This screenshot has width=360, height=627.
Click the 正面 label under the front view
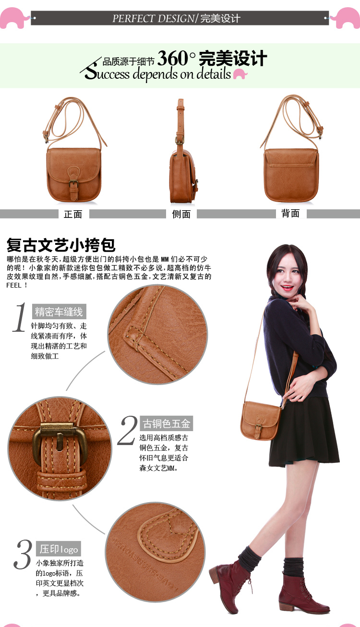[73, 214]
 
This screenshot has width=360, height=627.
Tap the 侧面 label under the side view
[181, 214]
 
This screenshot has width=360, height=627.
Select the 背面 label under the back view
[290, 213]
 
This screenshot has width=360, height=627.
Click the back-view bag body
[291, 175]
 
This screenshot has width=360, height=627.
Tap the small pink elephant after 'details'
[240, 74]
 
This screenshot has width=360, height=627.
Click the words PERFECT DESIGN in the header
[153, 18]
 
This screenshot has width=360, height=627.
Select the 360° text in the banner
[176, 58]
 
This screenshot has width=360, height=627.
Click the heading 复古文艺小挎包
[61, 245]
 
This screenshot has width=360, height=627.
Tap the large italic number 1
[20, 317]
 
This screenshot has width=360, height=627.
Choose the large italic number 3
[23, 555]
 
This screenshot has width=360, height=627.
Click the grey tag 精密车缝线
[59, 312]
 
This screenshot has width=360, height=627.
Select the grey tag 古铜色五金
[166, 423]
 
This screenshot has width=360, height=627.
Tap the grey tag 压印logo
[59, 549]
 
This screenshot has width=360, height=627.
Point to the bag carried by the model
[260, 421]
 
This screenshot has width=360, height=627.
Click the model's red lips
[287, 288]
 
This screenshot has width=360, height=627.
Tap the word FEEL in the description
[14, 285]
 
